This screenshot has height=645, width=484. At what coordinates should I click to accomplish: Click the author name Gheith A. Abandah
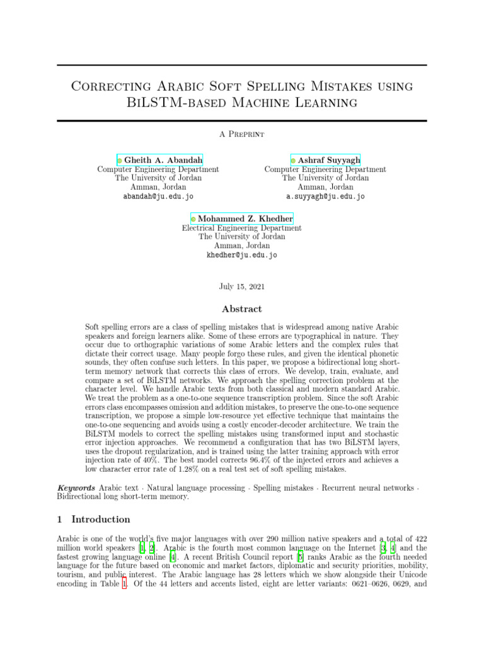point(163,160)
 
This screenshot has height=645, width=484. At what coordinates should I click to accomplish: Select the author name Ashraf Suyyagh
point(329,160)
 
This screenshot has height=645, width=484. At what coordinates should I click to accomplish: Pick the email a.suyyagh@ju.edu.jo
point(325,196)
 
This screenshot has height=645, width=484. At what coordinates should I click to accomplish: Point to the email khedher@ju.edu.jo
point(242,255)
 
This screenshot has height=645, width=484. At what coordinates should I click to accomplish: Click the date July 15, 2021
point(242,286)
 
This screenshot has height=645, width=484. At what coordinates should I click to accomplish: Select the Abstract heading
point(242,309)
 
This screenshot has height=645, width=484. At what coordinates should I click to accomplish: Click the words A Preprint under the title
point(242,134)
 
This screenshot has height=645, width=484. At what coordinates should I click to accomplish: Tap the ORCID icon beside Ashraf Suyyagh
point(293,161)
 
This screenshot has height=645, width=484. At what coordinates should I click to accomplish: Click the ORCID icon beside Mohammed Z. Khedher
point(193,219)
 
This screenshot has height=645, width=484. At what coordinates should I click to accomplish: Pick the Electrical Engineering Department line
point(242,228)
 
